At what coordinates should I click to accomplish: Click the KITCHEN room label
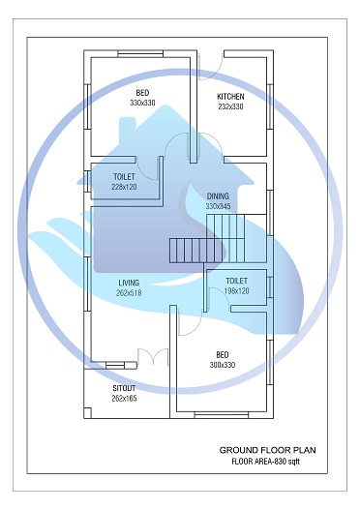230,97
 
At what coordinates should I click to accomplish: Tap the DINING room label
218,196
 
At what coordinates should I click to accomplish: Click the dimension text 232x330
230,106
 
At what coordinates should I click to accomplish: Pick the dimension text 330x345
218,206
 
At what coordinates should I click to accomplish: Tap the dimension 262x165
125,397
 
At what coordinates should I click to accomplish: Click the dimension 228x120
124,187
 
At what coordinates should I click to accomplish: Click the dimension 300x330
223,365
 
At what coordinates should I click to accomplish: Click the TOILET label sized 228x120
124,177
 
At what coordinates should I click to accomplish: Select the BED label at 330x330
142,92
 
